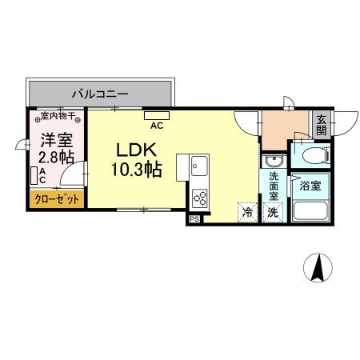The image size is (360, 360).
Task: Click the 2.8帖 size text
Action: tap(56, 155)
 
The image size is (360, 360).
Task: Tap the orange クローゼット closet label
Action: tap(56, 199)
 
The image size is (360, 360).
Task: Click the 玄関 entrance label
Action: tap(321, 125)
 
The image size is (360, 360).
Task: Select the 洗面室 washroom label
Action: tap(274, 187)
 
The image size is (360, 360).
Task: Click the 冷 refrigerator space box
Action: tap(247, 213)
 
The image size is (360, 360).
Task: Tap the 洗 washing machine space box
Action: tap(273, 213)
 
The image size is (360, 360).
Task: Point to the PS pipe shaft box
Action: tap(194, 218)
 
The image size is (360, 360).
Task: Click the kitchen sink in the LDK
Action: tap(198, 167)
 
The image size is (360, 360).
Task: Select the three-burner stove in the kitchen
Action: tap(199, 196)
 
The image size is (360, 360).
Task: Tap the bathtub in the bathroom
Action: tap(312, 212)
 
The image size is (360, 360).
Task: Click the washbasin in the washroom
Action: tap(270, 162)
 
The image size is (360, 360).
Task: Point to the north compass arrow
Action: tap(318, 268)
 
